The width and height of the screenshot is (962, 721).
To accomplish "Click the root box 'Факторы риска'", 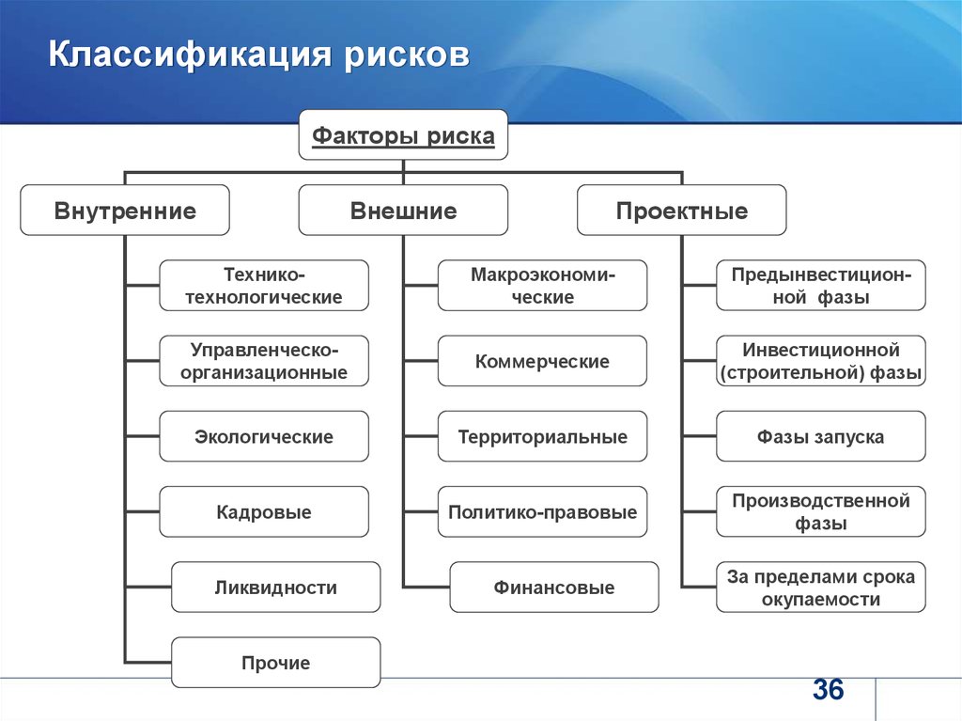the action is pos(403,135).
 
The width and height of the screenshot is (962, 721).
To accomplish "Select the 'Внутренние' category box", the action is pos(125,210).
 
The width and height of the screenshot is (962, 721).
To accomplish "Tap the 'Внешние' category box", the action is pos(403,210).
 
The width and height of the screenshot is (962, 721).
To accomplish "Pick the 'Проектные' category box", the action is pos(682,210).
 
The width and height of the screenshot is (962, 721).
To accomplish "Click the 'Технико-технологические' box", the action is pos(264,285).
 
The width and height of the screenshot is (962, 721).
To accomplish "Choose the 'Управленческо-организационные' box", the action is pos(264,361).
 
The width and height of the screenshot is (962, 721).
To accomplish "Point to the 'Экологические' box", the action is pos(264,436).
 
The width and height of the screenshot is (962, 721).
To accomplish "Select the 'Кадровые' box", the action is pos(264,511).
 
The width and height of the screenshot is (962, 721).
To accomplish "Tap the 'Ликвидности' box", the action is pos(276,588).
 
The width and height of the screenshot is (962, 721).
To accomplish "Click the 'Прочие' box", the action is pos(276,663).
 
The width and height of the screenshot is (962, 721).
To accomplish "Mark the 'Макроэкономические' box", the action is pos(542,285).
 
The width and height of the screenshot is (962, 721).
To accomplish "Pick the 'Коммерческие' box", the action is pos(542,361).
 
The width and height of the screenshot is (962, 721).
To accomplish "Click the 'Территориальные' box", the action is pos(542,436).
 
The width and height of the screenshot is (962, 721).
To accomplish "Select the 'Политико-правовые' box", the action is pos(542,511).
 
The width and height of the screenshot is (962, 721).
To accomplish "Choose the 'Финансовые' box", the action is pos(554,588).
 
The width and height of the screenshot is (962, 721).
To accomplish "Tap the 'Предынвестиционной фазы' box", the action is pos(821,285).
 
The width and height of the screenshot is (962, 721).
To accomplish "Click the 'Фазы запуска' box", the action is pos(821,436).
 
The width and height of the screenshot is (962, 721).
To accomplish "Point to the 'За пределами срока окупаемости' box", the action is pos(821,588).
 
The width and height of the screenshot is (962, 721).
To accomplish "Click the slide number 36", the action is pos(829,689).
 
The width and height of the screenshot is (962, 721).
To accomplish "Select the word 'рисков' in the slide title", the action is pos(407,55).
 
